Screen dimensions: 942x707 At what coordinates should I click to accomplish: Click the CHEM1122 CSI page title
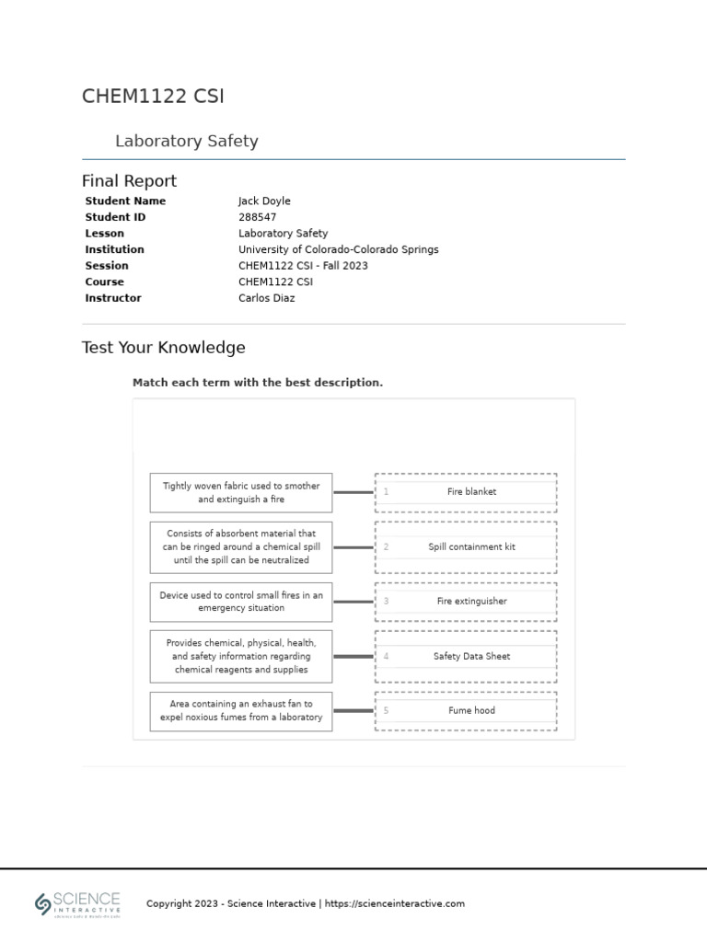153,97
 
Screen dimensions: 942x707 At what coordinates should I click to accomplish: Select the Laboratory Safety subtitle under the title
186,141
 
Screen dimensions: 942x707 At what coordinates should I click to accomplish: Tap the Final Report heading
129,180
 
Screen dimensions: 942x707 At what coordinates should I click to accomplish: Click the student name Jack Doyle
264,201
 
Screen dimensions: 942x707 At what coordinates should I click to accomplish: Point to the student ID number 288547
257,217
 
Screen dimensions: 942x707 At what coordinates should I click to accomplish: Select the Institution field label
114,249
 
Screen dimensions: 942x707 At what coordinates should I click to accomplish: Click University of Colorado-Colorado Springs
338,249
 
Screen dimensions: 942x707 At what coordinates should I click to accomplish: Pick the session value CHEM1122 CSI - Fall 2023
303,266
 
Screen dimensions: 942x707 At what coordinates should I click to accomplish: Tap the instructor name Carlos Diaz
266,298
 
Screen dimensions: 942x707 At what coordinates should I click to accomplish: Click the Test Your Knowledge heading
164,348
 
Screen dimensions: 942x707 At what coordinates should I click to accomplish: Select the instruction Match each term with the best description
258,383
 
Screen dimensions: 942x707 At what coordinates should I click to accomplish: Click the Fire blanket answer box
466,492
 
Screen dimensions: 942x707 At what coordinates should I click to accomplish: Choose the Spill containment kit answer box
466,546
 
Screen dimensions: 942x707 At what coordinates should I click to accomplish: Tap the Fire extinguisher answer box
466,602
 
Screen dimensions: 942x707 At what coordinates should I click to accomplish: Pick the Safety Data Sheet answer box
466,656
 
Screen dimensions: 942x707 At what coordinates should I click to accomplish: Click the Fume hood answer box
466,711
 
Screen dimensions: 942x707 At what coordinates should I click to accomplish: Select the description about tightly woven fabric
241,492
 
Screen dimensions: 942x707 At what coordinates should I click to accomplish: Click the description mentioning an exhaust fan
241,710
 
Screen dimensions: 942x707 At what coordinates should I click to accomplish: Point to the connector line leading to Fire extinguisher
353,602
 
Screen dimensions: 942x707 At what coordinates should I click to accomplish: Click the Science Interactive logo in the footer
78,903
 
